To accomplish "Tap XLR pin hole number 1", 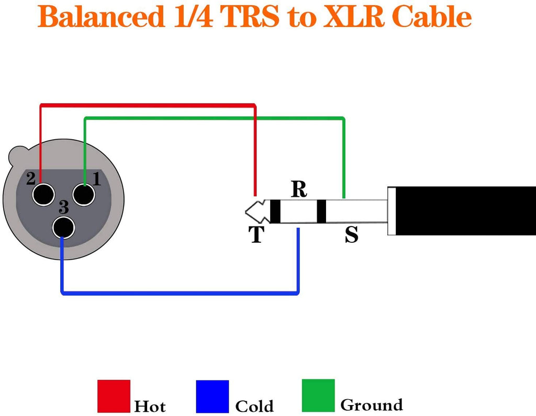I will (84, 195).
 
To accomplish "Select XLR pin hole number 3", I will (63, 228).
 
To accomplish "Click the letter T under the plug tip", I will (256, 235).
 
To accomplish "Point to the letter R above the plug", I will (299, 189).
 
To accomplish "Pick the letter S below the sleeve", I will (352, 235).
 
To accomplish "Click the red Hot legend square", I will (113, 396).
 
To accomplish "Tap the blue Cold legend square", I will (212, 396).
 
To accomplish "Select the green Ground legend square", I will (318, 395).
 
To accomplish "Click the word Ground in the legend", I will (371, 405).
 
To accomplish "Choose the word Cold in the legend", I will (254, 407).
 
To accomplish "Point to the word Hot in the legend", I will (150, 407).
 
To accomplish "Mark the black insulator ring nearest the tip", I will (275, 211).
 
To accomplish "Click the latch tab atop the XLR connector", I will (19, 154).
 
